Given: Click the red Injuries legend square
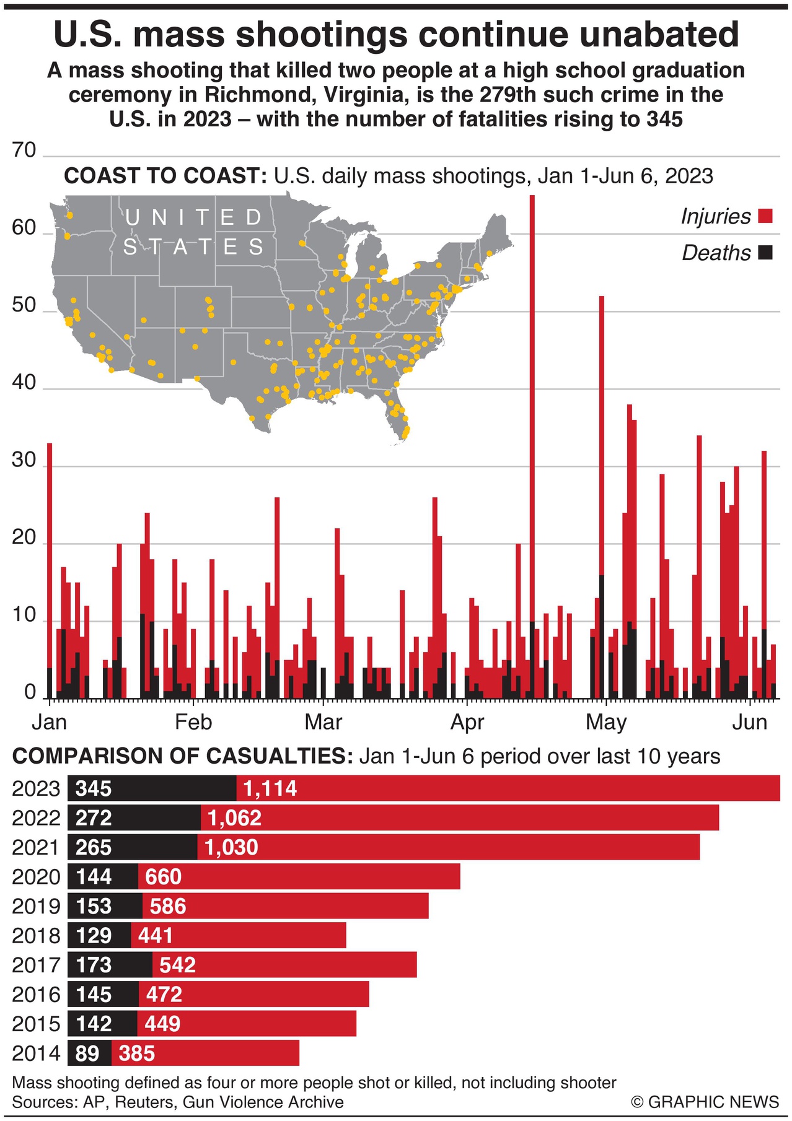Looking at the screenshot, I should pos(766,216).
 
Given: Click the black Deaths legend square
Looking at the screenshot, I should pos(766,253).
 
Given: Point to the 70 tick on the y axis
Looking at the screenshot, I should pos(24,150).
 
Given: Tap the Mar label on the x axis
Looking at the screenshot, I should pos(323,722).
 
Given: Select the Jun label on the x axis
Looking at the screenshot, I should pos(750,722).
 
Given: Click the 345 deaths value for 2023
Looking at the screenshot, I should pos(94,788).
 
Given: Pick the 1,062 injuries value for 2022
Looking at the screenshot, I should pos(234,818).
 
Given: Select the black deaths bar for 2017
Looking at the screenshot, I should pos(110,965).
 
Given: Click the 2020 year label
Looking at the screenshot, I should pos(36,877).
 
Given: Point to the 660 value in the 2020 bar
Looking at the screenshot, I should pos(163,877).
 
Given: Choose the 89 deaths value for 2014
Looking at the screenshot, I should pos(87,1053).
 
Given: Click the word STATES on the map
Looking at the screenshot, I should pos(193,247).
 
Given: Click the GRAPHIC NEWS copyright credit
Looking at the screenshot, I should pos(705,1102).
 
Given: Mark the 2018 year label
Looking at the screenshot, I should pos(36,936).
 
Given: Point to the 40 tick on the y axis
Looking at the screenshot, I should pos(24,382).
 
